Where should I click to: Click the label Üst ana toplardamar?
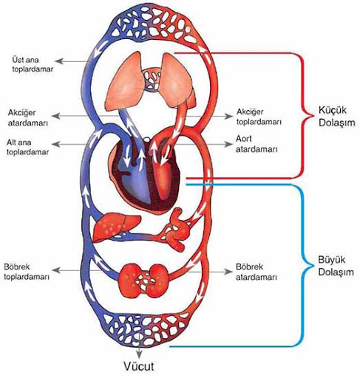click(x=33, y=64)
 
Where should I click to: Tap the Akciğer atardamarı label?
click(x=27, y=117)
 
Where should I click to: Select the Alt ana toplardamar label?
click(x=27, y=147)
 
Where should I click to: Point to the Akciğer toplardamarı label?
click(x=259, y=117)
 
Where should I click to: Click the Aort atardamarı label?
click(x=257, y=144)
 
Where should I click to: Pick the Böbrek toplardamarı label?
click(x=27, y=272)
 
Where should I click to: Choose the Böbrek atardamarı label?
click(x=257, y=272)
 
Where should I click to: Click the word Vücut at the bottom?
click(x=139, y=366)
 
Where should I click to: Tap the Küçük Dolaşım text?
click(x=337, y=116)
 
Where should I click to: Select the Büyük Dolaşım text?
click(x=336, y=266)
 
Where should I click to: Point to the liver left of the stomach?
click(x=116, y=227)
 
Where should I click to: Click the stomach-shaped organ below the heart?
click(x=178, y=230)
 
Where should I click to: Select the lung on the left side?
click(x=124, y=81)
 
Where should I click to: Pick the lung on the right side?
click(x=178, y=81)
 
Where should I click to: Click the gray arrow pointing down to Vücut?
click(x=139, y=350)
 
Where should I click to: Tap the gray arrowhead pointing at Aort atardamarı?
click(x=228, y=144)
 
